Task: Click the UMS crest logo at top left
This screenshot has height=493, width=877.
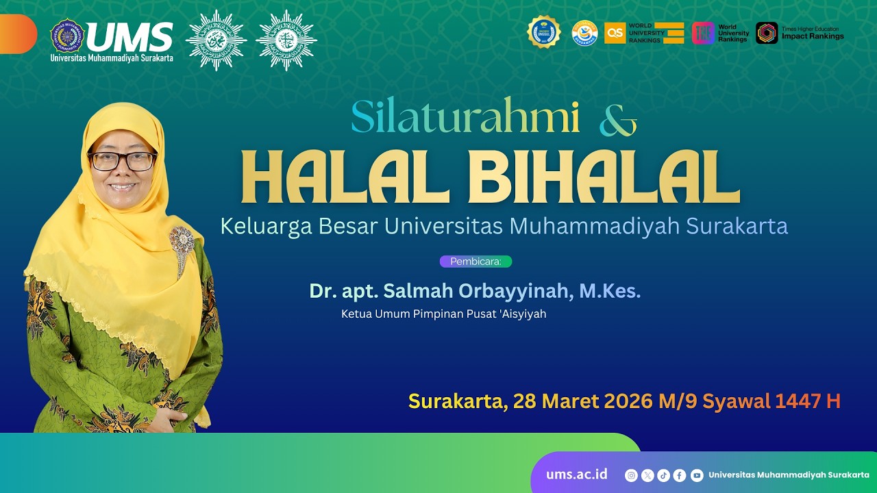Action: pyautogui.click(x=67, y=36)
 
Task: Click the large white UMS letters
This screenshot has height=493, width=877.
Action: pyautogui.click(x=129, y=37)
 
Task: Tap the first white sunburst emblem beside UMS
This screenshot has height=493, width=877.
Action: pyautogui.click(x=216, y=40)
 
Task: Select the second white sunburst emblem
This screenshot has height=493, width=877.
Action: pyautogui.click(x=286, y=40)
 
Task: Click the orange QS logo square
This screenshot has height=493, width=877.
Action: pyautogui.click(x=615, y=33)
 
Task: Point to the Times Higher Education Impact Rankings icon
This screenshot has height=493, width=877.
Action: pyautogui.click(x=767, y=33)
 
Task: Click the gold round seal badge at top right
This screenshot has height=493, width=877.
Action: pyautogui.click(x=543, y=32)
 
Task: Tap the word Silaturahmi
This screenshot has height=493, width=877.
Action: pyautogui.click(x=465, y=118)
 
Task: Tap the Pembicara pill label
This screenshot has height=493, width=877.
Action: pyautogui.click(x=475, y=261)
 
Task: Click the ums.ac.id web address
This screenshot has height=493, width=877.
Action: pyautogui.click(x=576, y=475)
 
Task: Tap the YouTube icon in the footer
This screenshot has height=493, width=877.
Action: pyautogui.click(x=697, y=475)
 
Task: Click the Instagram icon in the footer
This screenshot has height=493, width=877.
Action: pyautogui.click(x=631, y=475)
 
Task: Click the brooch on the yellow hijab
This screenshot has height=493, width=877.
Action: pyautogui.click(x=182, y=244)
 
